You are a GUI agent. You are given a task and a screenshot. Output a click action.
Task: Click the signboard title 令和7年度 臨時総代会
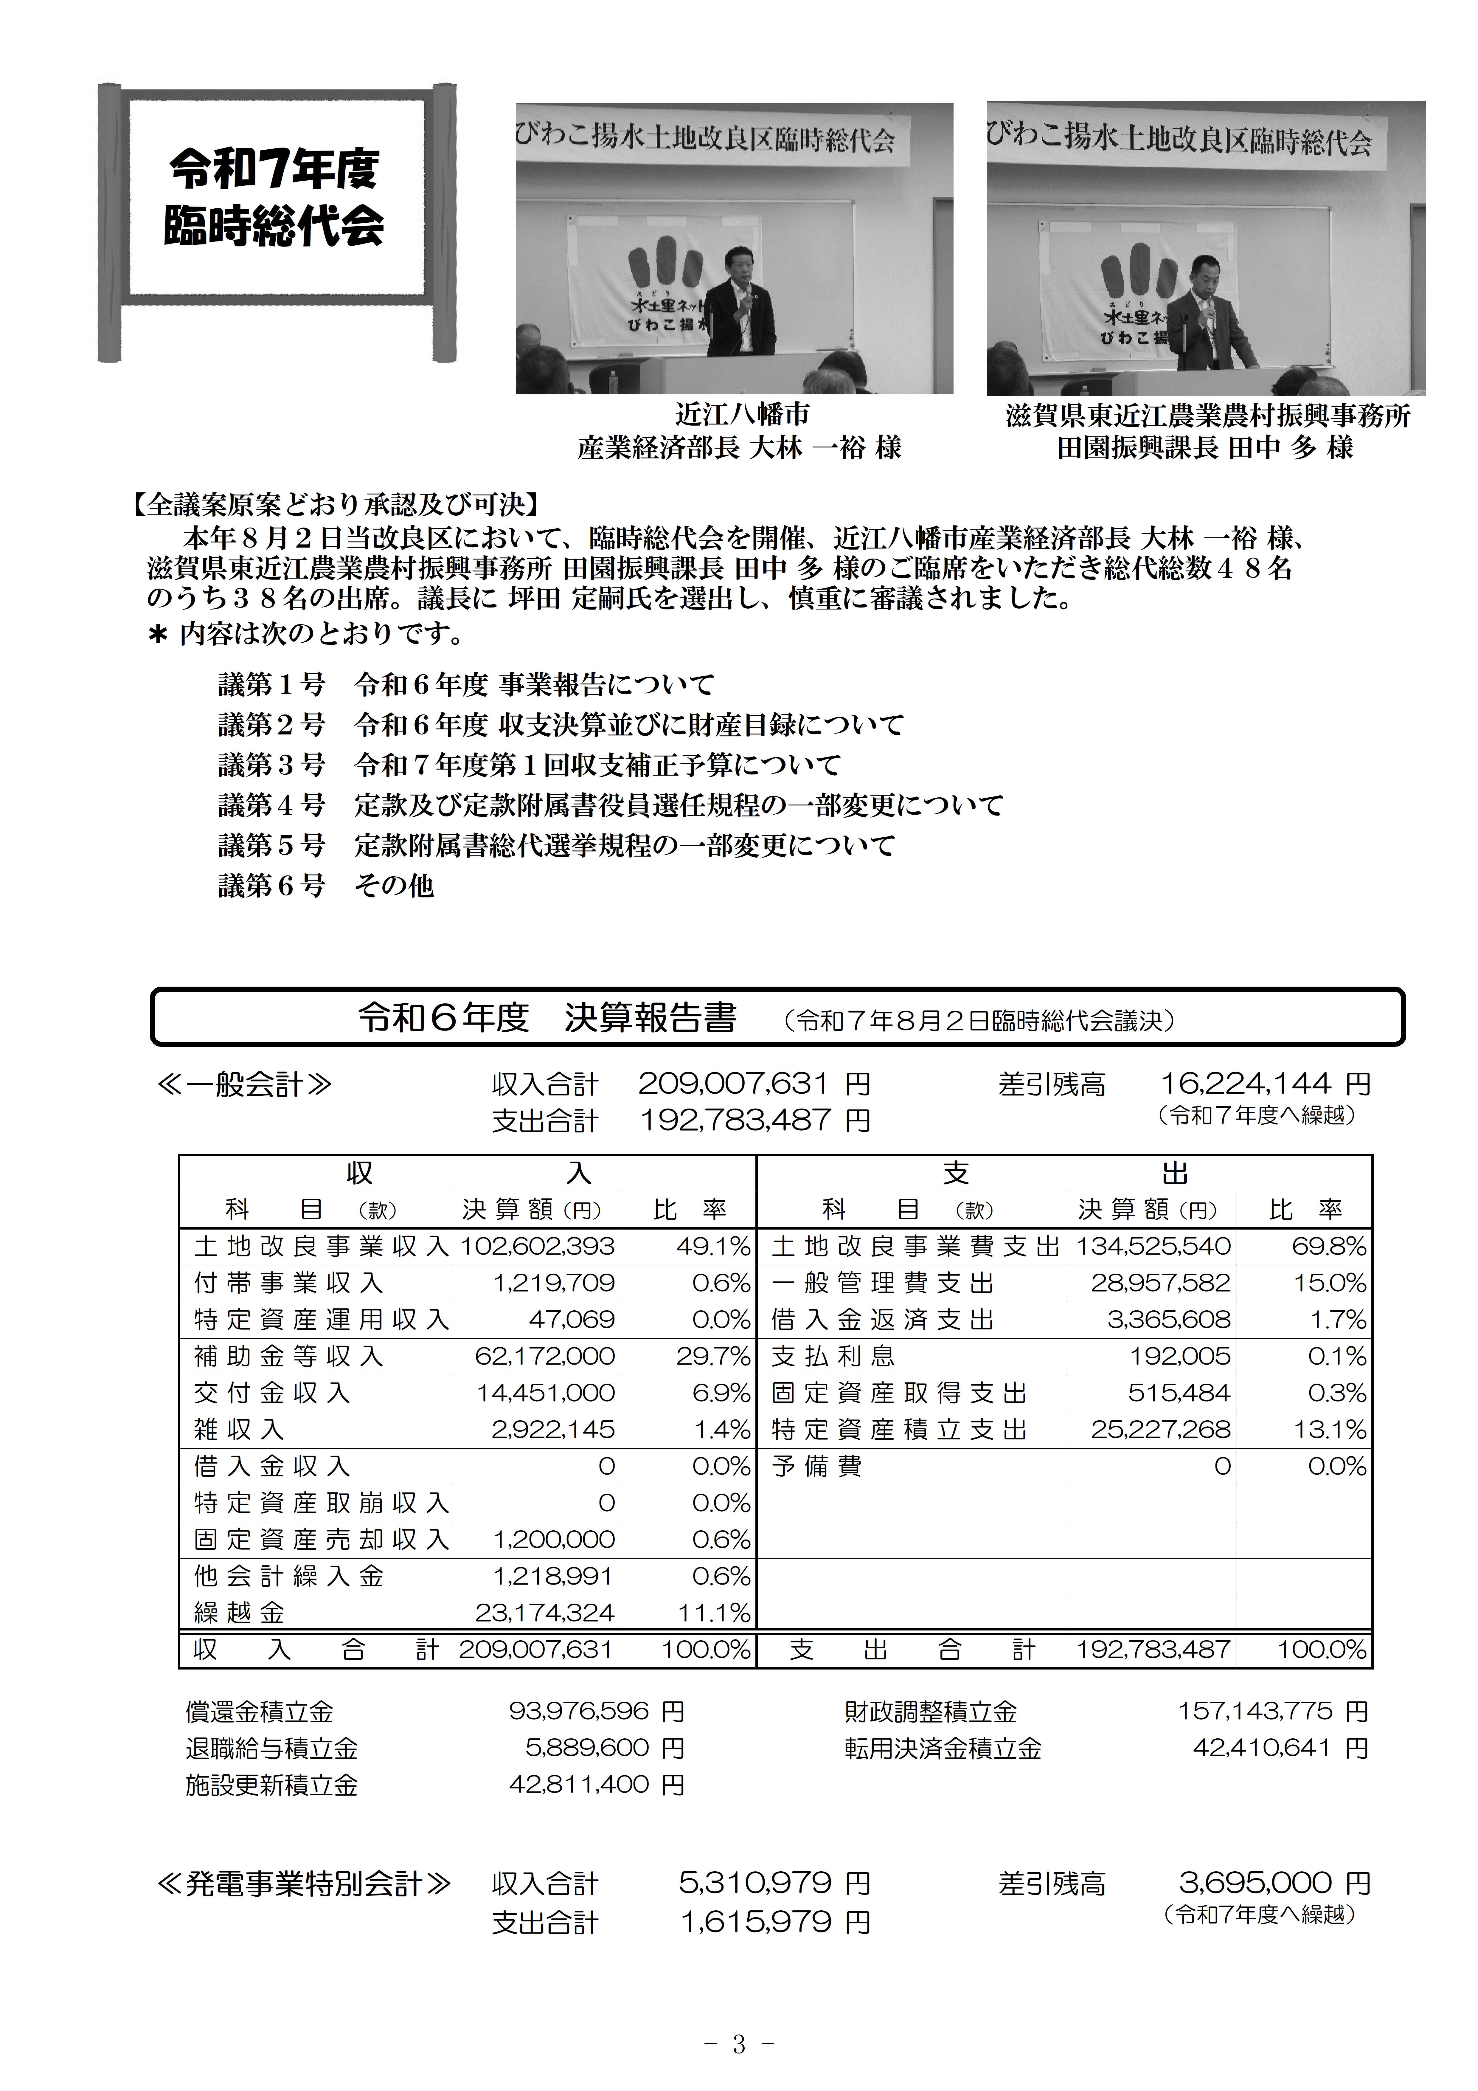click(274, 196)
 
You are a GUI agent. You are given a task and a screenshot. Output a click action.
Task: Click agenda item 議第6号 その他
click(326, 885)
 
